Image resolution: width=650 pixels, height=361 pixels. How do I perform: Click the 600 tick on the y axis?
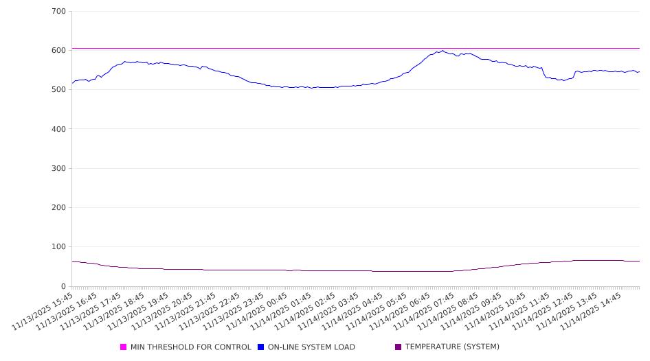[x=58, y=51]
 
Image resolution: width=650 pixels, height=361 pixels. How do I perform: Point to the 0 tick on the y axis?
[x=63, y=286]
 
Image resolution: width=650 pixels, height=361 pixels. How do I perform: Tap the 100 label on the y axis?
[x=58, y=247]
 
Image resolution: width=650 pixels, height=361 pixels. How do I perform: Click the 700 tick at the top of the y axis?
[x=58, y=12]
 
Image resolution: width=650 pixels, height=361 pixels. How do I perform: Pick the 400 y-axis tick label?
[x=58, y=129]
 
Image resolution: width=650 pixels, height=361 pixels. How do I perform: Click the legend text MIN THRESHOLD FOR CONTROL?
[x=190, y=347]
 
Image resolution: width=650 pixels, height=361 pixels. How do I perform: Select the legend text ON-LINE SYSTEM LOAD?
[x=311, y=347]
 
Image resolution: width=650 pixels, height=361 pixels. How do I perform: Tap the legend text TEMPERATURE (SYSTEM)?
[x=452, y=347]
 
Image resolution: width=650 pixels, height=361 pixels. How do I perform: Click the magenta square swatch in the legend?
[x=124, y=347]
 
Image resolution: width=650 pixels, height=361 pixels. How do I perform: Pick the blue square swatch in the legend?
[x=261, y=347]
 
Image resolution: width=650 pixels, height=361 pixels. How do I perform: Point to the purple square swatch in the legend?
[x=399, y=347]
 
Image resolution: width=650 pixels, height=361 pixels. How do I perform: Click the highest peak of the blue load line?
[x=443, y=51]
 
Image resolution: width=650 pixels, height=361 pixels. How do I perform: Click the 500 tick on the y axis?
[x=58, y=90]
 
